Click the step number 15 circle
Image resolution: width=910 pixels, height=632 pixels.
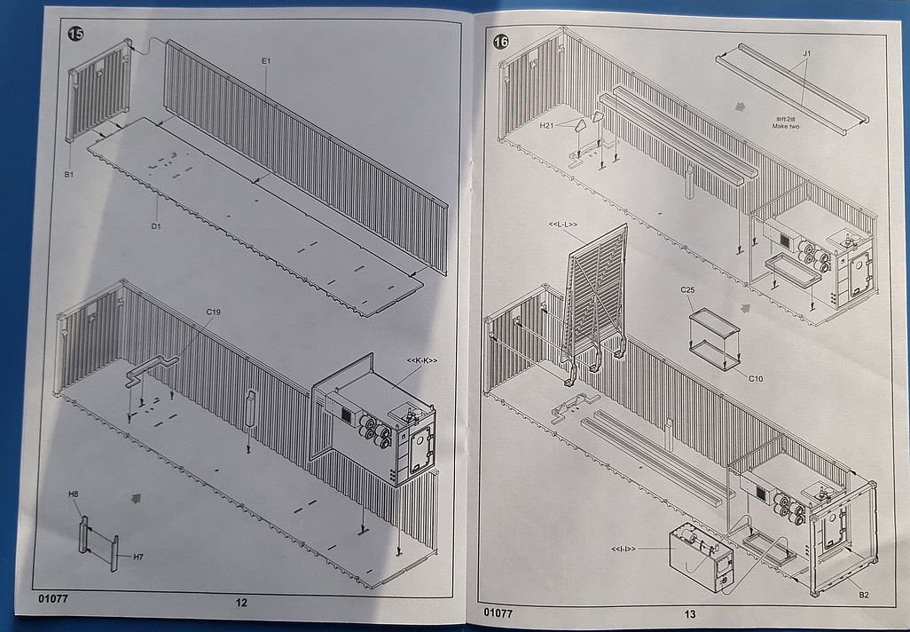pyautogui.click(x=76, y=34)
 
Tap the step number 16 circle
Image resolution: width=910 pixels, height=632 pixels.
pyautogui.click(x=502, y=43)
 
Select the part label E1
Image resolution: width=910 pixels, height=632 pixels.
pyautogui.click(x=265, y=60)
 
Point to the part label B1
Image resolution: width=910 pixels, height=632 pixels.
pyautogui.click(x=68, y=175)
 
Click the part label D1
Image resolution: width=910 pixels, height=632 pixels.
pyautogui.click(x=155, y=226)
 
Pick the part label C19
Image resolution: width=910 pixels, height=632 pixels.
pyautogui.click(x=214, y=312)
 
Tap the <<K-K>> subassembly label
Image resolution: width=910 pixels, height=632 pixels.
pyautogui.click(x=421, y=359)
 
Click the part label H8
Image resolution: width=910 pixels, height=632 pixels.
pyautogui.click(x=74, y=506)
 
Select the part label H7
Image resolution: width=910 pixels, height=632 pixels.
pyautogui.click(x=138, y=557)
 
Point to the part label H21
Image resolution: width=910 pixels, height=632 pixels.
pyautogui.click(x=548, y=128)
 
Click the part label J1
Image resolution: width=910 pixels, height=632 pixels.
pyautogui.click(x=807, y=54)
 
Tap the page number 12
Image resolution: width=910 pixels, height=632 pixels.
pyautogui.click(x=241, y=603)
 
